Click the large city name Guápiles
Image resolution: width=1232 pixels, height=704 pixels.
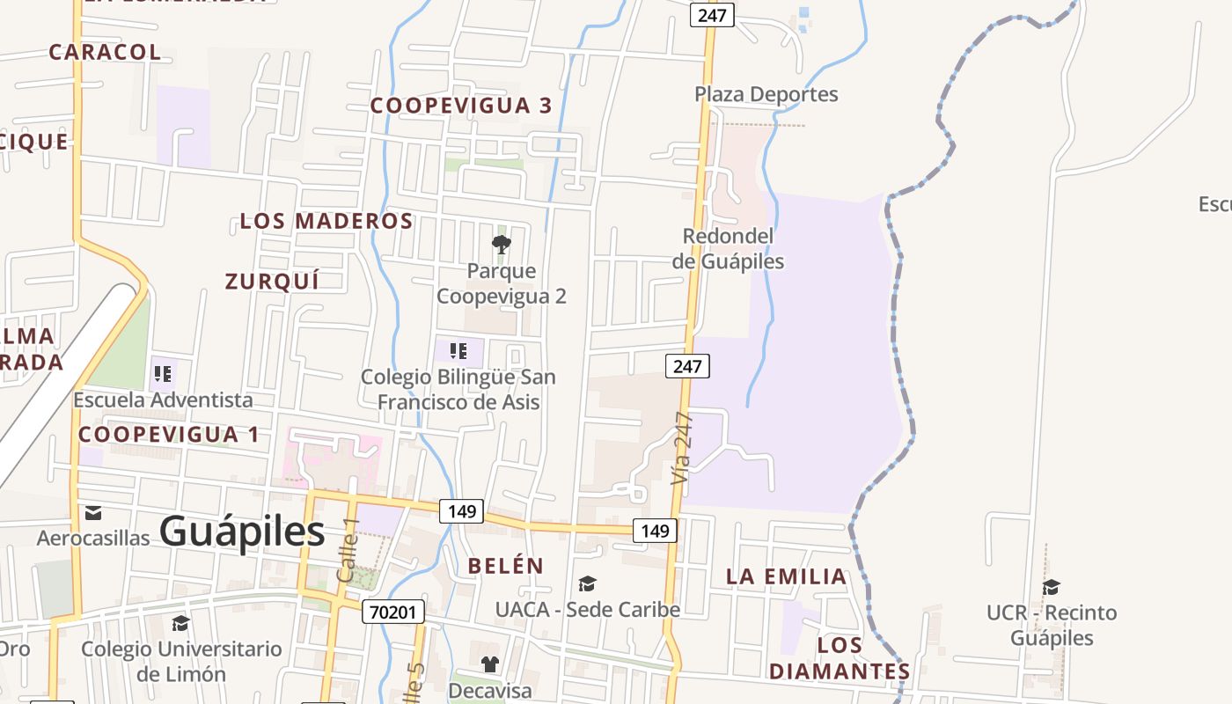[x=242, y=532]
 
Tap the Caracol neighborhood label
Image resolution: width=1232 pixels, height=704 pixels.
[x=105, y=52]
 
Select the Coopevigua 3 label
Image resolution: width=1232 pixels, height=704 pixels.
[x=460, y=106]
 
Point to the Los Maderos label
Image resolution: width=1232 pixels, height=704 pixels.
[x=326, y=221]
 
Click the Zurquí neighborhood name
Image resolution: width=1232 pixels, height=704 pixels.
[x=271, y=282]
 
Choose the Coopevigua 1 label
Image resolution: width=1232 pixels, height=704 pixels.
[x=169, y=435]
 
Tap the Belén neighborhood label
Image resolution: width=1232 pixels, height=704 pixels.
[x=506, y=566]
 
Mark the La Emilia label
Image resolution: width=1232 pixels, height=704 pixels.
[x=786, y=577]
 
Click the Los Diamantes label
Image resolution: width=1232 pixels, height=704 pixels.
[x=839, y=658]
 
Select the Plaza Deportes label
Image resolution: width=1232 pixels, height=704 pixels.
[x=766, y=94]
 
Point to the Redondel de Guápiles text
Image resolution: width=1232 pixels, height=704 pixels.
[x=728, y=249]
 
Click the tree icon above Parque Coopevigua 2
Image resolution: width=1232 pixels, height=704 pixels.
[x=502, y=244]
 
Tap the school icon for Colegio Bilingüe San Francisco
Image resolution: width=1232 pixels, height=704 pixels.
[x=458, y=351]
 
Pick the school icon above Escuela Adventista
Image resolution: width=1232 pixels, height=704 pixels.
[x=163, y=374]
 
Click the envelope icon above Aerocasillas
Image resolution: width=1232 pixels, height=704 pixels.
[x=93, y=513]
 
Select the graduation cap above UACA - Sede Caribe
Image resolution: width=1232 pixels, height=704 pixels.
[x=587, y=583]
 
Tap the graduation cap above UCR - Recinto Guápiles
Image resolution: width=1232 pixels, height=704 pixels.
[x=1051, y=587]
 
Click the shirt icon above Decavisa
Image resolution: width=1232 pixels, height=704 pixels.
[x=489, y=664]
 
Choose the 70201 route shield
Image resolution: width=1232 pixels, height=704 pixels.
[x=392, y=612]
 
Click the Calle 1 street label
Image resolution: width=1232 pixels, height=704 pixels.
[x=348, y=550]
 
